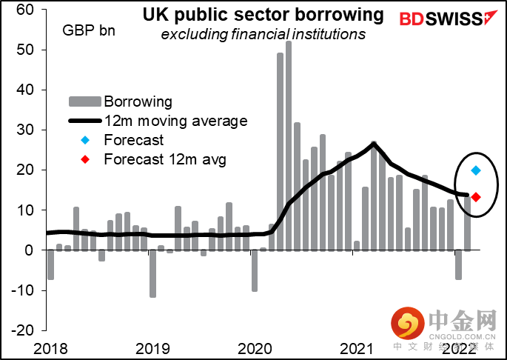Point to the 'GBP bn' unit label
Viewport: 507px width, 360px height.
pos(89,31)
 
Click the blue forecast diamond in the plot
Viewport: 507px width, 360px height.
pos(476,170)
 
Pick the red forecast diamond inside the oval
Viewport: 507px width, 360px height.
pos(476,197)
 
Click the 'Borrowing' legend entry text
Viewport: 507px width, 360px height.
pos(138,101)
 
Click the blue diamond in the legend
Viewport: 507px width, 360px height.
pos(84,140)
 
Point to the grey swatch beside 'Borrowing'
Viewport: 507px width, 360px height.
pos(84,101)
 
